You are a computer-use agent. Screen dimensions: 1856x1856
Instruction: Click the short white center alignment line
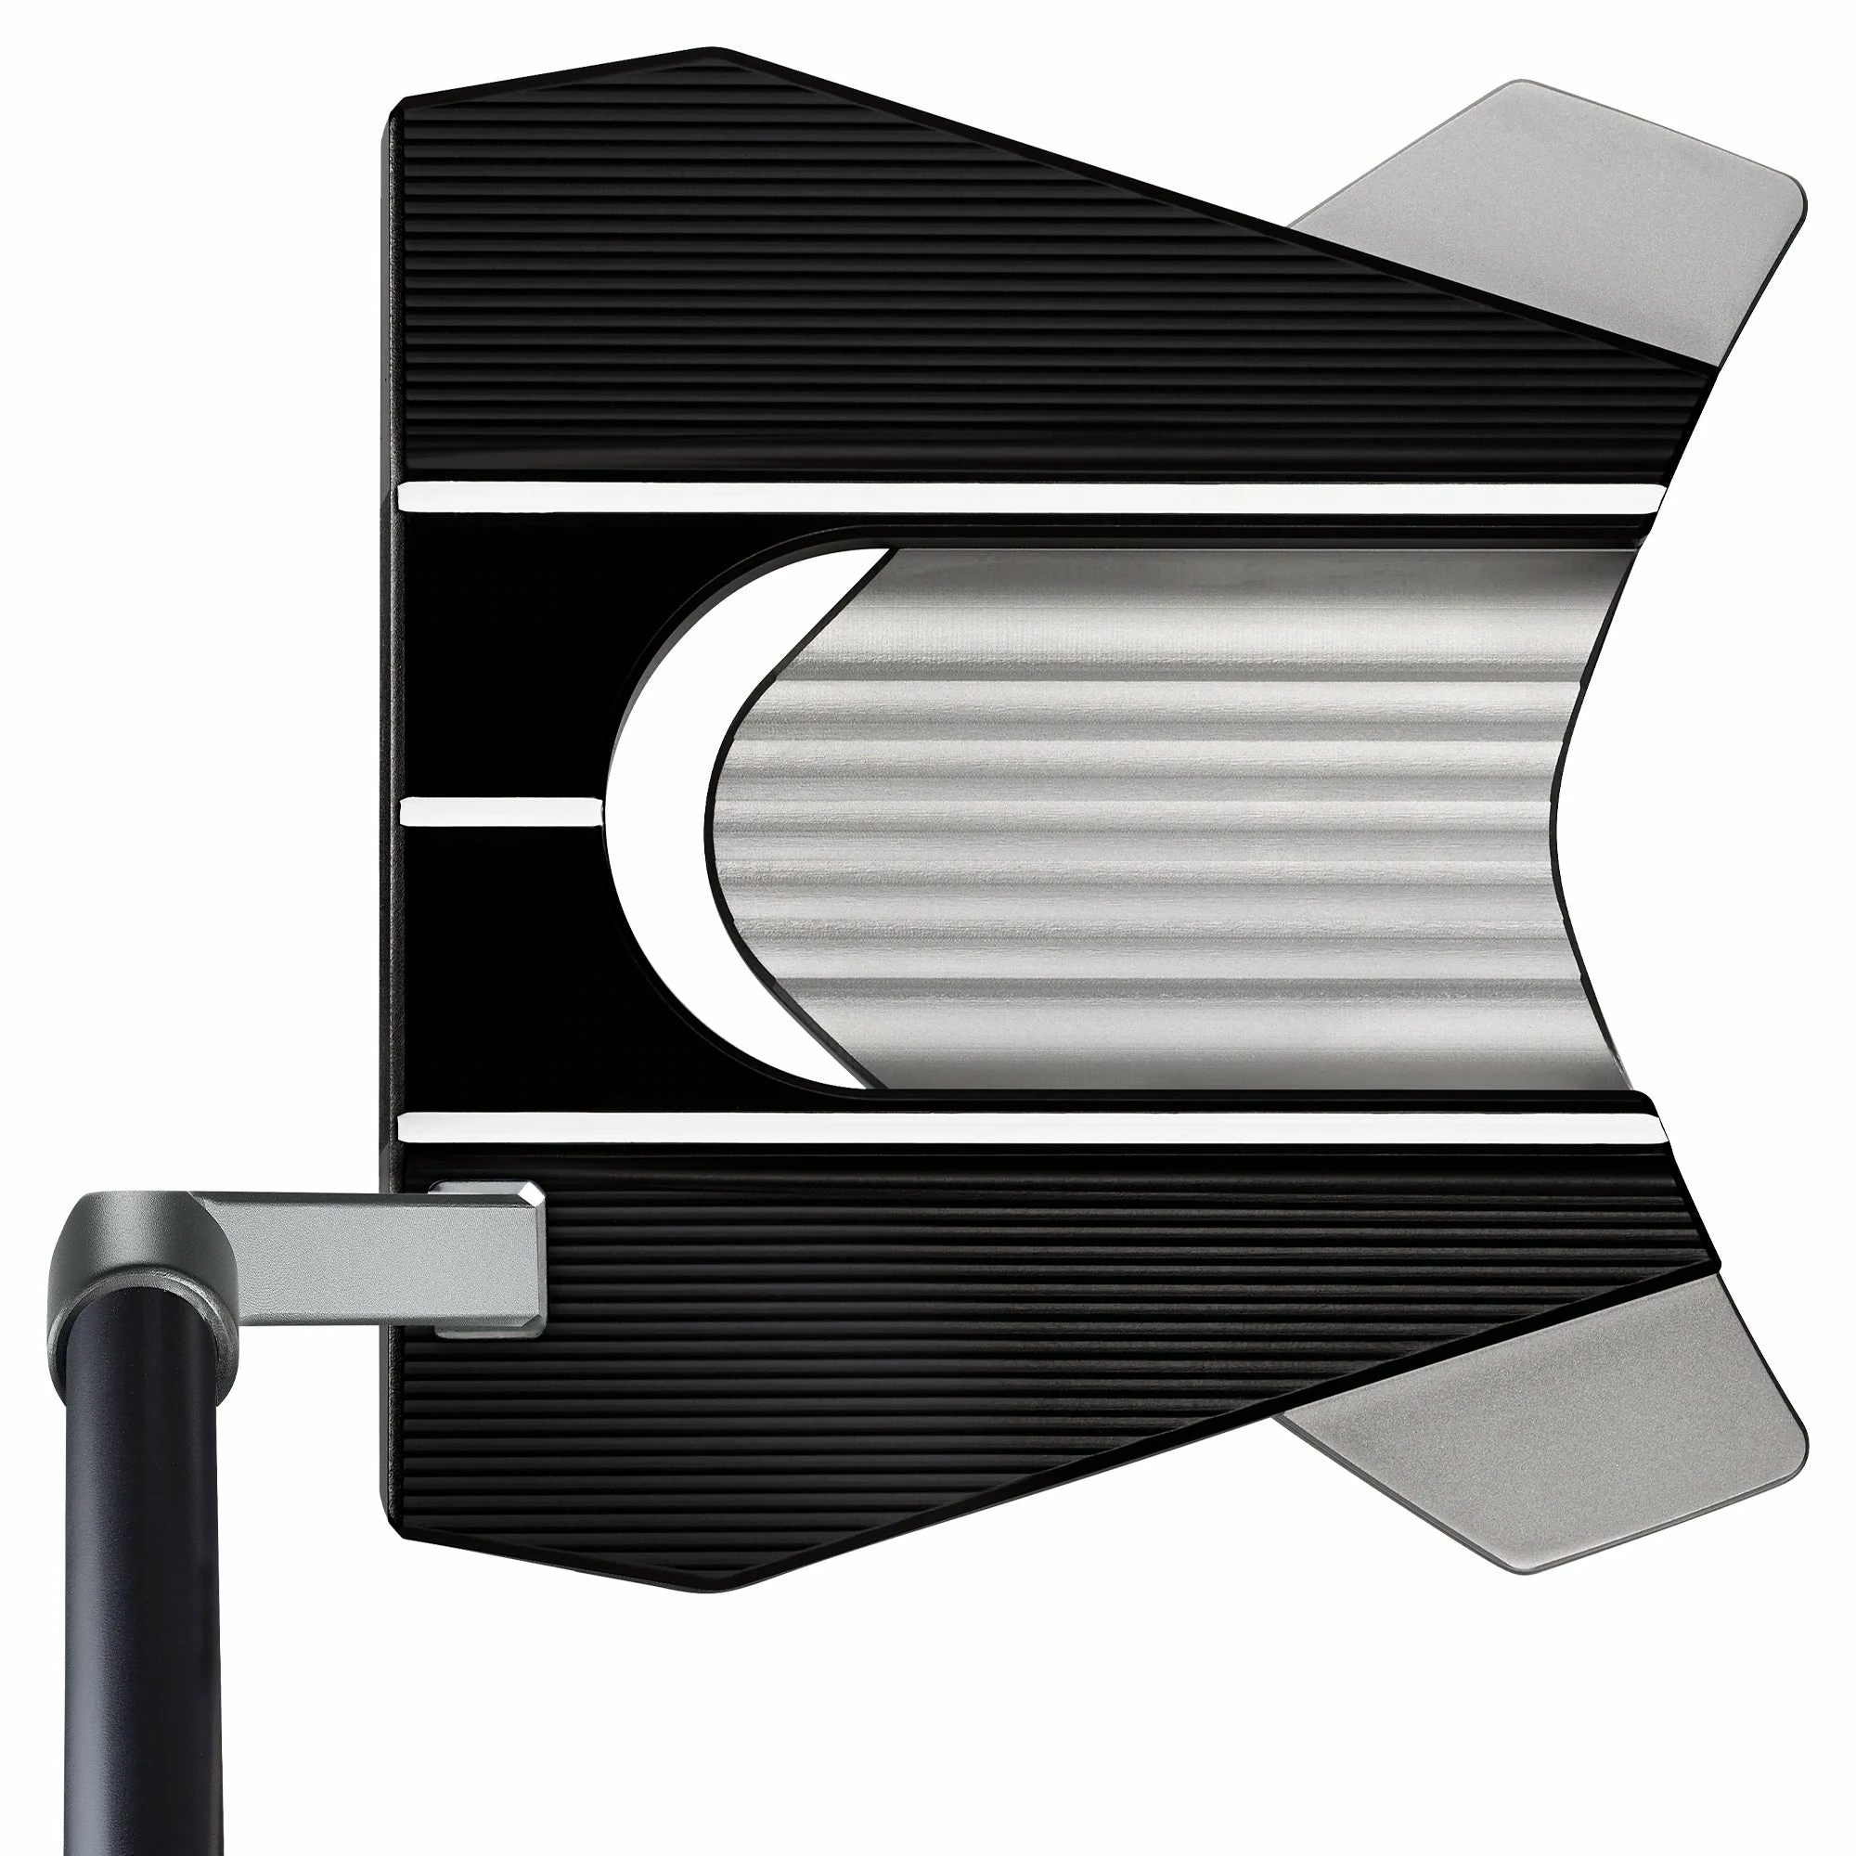pyautogui.click(x=499, y=813)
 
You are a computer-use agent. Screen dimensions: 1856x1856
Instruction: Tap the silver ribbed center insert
pyautogui.click(x=1153, y=817)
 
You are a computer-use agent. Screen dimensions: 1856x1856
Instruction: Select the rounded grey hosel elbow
pyautogui.click(x=125, y=1239)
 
